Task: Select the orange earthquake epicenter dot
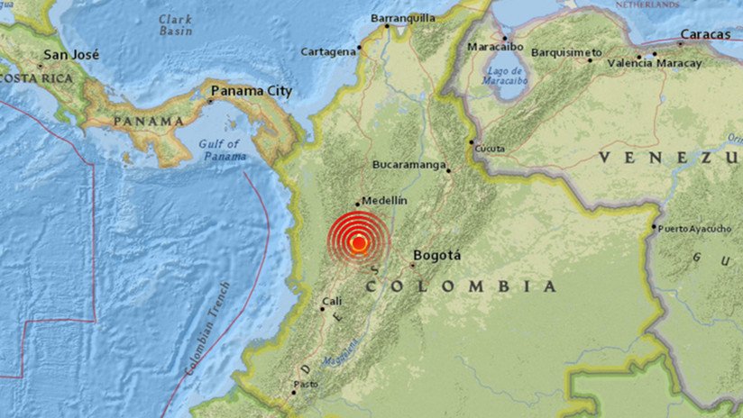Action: (x=359, y=241)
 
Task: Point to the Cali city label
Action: (x=332, y=301)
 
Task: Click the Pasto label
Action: (x=308, y=383)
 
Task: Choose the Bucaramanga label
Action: (x=409, y=165)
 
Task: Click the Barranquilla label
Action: (x=403, y=17)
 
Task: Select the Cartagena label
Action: (x=328, y=51)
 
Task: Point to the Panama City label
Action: (x=252, y=91)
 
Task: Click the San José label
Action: (x=69, y=54)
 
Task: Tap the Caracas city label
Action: (x=706, y=34)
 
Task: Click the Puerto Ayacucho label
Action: (x=694, y=229)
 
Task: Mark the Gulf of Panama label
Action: (x=222, y=150)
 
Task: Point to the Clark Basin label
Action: (x=175, y=25)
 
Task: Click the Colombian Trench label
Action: (x=207, y=329)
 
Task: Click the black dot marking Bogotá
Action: (x=413, y=265)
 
